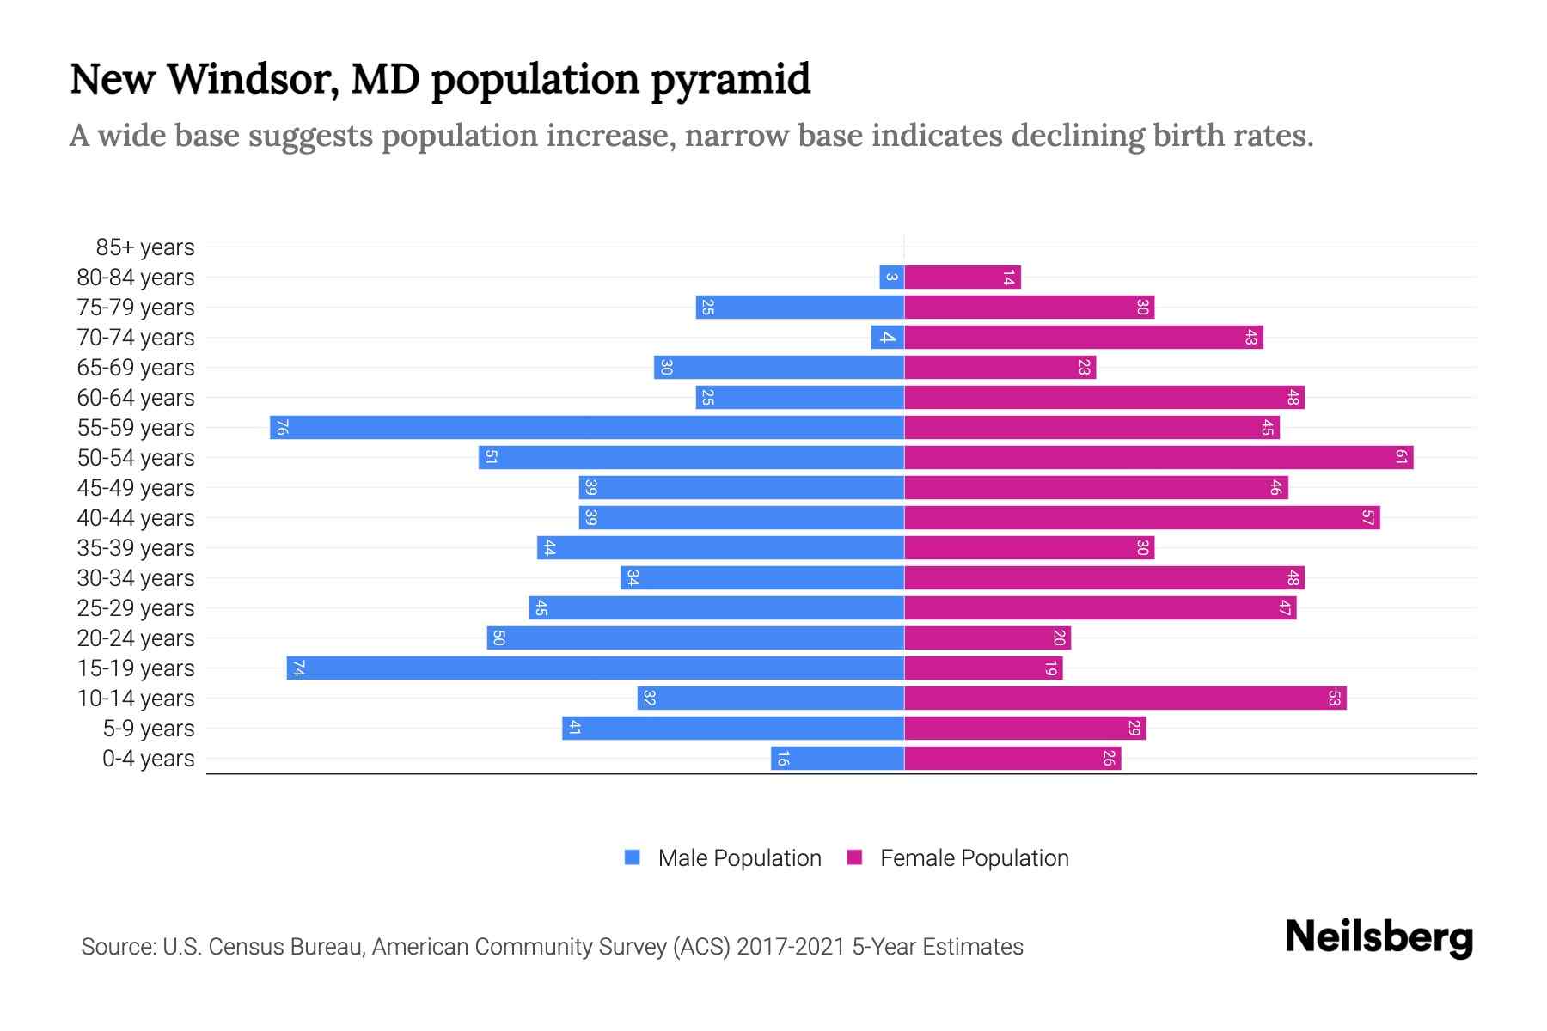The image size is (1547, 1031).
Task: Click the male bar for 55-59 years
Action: click(587, 427)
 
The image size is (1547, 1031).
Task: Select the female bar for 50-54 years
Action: click(1159, 457)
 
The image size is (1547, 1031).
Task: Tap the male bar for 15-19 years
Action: click(595, 668)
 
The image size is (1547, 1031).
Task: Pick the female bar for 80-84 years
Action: click(963, 277)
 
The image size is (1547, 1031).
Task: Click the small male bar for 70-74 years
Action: click(887, 337)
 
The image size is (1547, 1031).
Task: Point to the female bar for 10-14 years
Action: click(1125, 698)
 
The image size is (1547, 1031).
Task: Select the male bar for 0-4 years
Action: click(837, 758)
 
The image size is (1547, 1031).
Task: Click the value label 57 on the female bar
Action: click(1367, 517)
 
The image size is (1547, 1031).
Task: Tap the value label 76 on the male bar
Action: click(282, 427)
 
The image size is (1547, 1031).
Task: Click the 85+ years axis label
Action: click(144, 247)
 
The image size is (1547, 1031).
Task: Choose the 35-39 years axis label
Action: click(136, 548)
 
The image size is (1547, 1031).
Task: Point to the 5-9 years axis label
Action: click(148, 729)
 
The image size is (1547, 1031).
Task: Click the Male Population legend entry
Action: click(723, 857)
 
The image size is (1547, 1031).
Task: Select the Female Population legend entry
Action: click(957, 857)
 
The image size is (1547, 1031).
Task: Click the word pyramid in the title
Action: click(731, 79)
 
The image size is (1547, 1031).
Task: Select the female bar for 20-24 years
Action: click(988, 638)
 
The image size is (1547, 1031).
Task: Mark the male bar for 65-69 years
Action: click(779, 367)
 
